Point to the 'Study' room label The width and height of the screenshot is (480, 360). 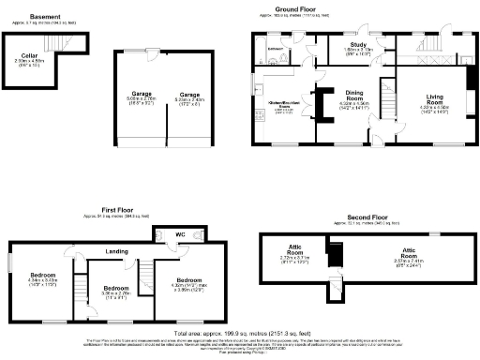(356, 44)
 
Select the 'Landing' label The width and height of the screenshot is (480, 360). (117, 250)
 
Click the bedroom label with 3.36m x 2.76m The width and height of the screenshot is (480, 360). (115, 288)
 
